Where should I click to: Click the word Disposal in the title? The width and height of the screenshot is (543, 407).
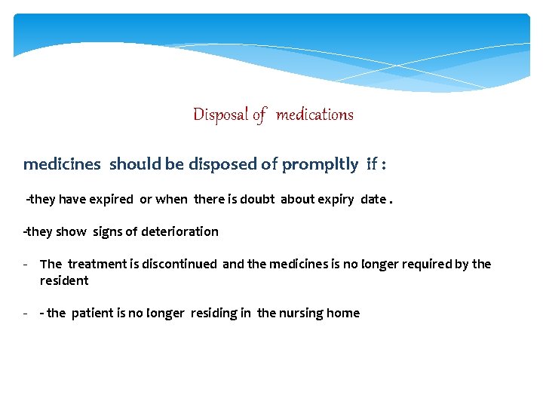(221, 115)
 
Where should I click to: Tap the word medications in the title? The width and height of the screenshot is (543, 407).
(314, 115)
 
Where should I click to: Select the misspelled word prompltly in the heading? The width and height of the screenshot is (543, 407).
(321, 164)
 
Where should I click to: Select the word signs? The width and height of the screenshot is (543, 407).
(110, 232)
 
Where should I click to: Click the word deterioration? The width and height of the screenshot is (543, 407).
(179, 231)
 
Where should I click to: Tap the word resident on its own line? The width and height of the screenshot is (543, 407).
(64, 280)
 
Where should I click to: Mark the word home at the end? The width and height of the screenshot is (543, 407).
(344, 313)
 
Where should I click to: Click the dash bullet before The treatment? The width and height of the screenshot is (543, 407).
(26, 264)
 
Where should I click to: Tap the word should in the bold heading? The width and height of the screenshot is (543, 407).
(136, 164)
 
